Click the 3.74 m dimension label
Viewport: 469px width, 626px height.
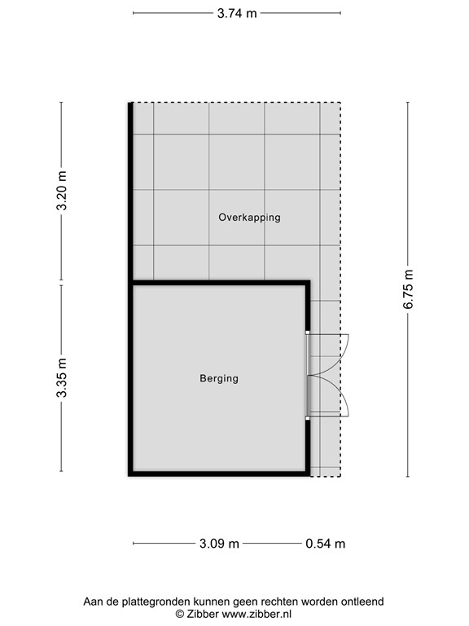click(237, 13)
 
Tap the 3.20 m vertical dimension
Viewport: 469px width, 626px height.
click(61, 193)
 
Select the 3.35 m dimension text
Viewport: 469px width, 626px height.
click(61, 378)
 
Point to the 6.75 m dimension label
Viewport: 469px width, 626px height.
click(410, 289)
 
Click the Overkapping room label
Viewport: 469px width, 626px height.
click(249, 218)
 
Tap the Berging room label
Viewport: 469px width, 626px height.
click(219, 378)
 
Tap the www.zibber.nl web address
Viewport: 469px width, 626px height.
click(256, 614)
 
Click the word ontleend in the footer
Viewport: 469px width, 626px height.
click(362, 602)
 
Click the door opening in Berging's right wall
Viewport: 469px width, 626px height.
click(308, 376)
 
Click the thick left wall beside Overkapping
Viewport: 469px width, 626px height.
click(130, 192)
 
